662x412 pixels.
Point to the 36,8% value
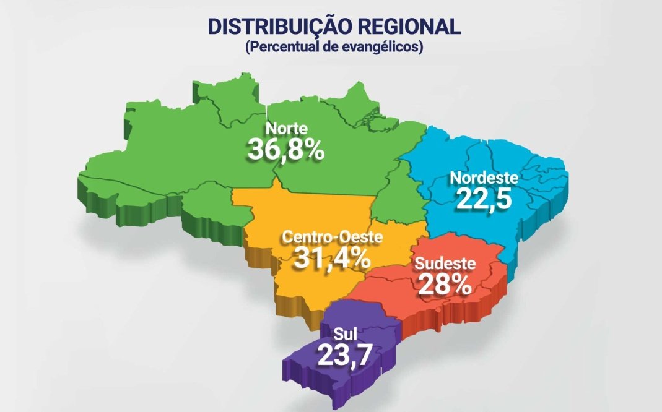point(286,149)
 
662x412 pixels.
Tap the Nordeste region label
point(484,178)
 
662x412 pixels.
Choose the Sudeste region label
point(445,264)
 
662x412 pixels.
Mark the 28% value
point(445,285)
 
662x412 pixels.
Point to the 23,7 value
point(344,355)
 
